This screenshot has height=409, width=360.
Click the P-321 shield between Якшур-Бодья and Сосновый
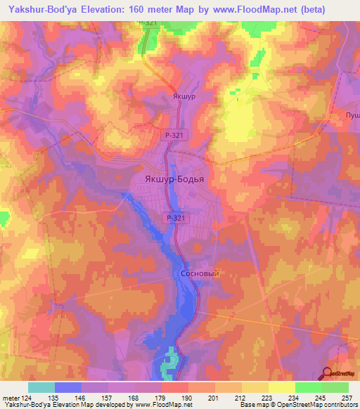[176, 219]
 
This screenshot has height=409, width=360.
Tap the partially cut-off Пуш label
[352, 115]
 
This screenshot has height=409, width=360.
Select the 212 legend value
[242, 398]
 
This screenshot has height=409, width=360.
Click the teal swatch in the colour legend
[41, 387]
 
